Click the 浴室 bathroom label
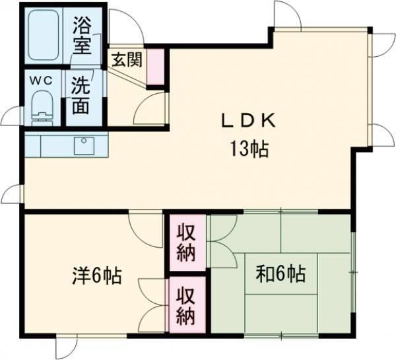(84, 37)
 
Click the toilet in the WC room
(42, 109)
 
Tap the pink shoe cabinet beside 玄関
(155, 67)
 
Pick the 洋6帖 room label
(96, 275)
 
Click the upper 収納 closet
(185, 242)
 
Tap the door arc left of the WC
(12, 117)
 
